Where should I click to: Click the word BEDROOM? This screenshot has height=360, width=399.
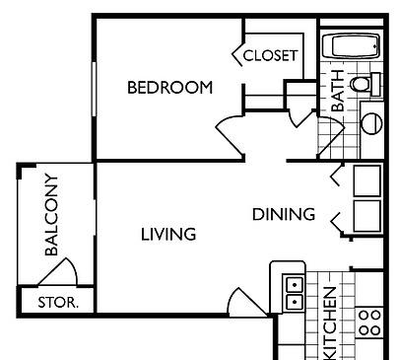(x=169, y=88)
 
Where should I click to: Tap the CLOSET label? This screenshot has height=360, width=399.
(x=269, y=55)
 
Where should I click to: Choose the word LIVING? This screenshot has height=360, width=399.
(x=167, y=235)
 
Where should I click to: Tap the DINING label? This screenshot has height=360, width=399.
(x=283, y=214)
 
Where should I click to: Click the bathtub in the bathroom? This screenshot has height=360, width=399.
(x=353, y=47)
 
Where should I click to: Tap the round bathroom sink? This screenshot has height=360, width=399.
(x=372, y=121)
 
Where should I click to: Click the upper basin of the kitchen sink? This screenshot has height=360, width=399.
(x=293, y=284)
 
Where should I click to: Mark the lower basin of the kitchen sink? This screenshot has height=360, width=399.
(x=293, y=301)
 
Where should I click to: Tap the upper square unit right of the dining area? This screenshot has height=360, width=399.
(x=366, y=180)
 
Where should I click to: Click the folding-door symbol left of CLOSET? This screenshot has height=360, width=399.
(x=236, y=54)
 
